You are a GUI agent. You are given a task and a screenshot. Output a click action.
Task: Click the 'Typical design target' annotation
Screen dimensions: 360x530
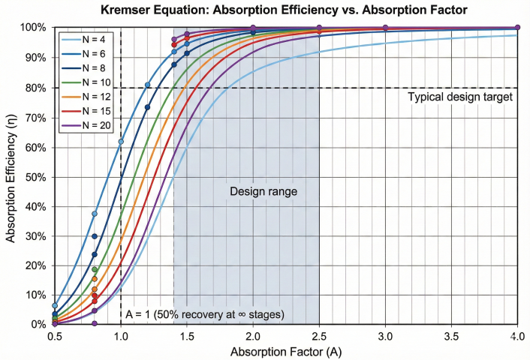click(459, 97)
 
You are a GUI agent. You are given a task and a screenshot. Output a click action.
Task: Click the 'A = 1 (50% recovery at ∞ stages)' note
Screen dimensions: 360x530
click(204, 314)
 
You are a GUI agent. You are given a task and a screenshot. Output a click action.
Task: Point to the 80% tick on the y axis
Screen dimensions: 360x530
click(37, 88)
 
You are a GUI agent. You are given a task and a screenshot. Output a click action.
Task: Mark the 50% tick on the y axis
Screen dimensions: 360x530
click(37, 176)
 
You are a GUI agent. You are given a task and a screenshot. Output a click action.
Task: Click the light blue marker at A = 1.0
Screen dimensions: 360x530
click(121, 141)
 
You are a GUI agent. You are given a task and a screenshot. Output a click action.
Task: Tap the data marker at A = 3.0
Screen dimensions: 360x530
click(385, 28)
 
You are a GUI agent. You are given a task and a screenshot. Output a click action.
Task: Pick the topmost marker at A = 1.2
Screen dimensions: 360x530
click(147, 85)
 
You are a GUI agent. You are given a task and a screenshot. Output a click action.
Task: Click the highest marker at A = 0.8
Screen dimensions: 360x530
click(95, 214)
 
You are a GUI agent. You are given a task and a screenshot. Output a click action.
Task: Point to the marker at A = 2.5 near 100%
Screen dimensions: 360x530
click(319, 28)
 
